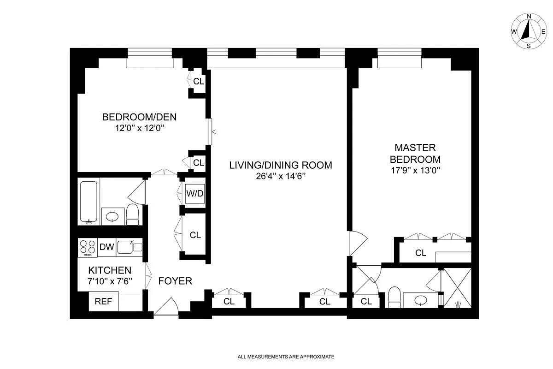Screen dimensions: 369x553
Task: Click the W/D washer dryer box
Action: point(194,194)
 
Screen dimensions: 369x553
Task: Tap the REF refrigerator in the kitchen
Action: point(103,302)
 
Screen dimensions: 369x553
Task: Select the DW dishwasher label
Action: point(106,247)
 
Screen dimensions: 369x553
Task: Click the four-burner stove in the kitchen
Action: point(88,247)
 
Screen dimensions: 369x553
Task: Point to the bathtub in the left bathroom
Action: point(88,202)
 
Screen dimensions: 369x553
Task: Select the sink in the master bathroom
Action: point(420,300)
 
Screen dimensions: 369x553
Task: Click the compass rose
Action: point(529,31)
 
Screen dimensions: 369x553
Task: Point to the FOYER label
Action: point(175,281)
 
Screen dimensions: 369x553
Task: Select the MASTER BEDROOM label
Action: point(415,154)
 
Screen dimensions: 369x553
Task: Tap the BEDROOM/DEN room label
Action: point(139,117)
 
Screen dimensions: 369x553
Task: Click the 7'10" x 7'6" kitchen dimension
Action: point(110,280)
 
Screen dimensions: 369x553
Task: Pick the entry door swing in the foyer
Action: point(166,307)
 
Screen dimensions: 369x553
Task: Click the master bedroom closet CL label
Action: point(420,253)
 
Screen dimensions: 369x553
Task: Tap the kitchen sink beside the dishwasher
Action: point(125,247)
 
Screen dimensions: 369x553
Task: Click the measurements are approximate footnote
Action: point(285,357)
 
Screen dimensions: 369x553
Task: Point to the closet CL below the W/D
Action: point(195,235)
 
